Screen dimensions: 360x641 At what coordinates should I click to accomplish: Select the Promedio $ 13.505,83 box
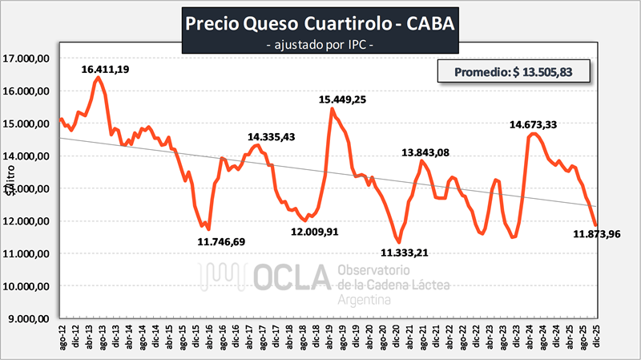pos(514,71)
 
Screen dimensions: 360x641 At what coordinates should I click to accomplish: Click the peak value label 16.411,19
pos(106,70)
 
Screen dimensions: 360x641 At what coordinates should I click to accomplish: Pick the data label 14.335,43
pos(272,137)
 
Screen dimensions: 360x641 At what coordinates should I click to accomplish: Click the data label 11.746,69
pos(222,241)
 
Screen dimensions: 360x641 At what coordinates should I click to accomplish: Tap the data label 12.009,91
pos(314,232)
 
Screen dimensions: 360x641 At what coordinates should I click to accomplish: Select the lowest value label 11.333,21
pos(405,253)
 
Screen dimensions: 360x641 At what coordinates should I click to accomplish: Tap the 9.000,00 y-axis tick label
pos(29,318)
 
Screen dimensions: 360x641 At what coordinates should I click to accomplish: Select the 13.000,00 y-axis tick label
pos(29,188)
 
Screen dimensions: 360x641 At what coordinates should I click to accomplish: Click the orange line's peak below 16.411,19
pos(98,78)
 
